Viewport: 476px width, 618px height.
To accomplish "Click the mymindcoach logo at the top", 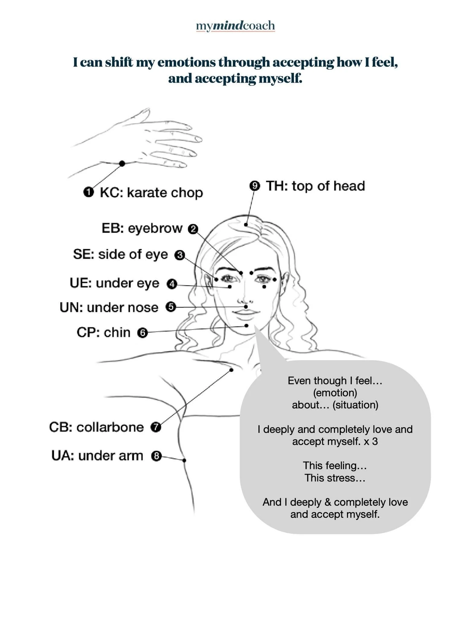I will [x=235, y=26].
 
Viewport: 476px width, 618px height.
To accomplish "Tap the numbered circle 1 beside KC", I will [x=88, y=192].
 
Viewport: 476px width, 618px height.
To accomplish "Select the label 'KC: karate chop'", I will [x=151, y=193].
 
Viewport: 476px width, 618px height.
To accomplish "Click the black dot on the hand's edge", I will [x=122, y=164].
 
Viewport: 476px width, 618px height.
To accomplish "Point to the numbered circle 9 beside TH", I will [x=255, y=186].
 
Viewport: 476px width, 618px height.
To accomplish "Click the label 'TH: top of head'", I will [x=315, y=186].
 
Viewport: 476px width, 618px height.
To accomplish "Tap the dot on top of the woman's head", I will [x=246, y=225].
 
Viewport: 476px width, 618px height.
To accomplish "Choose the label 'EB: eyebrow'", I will [x=142, y=228].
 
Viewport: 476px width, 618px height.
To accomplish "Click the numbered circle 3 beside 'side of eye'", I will [x=179, y=255].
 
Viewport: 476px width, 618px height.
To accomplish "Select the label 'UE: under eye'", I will [x=114, y=283].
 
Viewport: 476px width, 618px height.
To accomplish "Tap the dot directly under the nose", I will [x=246, y=307].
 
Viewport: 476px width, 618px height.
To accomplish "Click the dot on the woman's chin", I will [x=247, y=326].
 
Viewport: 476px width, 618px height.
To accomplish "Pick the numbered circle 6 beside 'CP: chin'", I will [x=142, y=333].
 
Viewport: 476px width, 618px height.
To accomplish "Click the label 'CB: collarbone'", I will [x=96, y=427].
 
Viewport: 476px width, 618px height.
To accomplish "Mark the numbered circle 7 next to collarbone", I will [x=156, y=427].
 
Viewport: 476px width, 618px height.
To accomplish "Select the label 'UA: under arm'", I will [x=97, y=456].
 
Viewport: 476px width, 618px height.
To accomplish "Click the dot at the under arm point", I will [x=184, y=460].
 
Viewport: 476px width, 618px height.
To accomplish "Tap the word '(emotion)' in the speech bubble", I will [x=335, y=393].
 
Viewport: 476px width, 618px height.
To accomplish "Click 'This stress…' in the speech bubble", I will [x=335, y=478].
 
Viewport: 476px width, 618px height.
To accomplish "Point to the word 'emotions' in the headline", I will [x=187, y=62].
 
